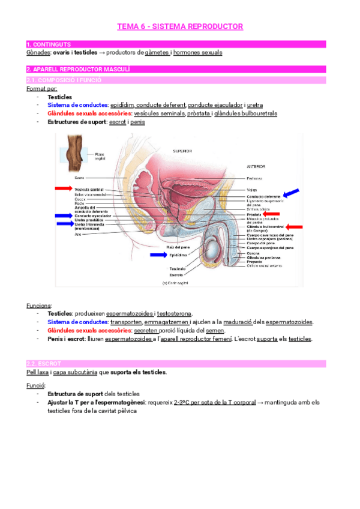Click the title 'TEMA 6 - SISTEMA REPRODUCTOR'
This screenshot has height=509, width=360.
coord(179,26)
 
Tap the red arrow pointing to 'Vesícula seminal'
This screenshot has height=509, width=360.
coord(63,188)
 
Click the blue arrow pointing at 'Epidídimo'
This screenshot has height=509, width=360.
coord(159,254)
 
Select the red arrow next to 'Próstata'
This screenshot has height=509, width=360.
coord(272,214)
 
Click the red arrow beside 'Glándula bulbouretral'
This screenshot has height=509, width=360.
coord(295,226)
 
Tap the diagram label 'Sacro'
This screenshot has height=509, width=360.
coord(79,178)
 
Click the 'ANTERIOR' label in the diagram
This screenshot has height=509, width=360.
coord(256,166)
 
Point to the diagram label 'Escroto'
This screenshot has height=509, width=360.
coord(176,275)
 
